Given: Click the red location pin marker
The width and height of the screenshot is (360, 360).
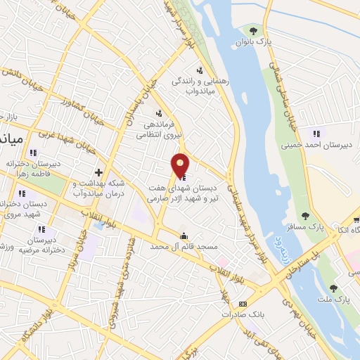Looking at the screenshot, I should click(x=181, y=165).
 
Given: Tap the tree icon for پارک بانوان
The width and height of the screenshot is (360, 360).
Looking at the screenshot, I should click(x=252, y=30).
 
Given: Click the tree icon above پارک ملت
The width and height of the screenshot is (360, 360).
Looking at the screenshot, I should click(x=333, y=288).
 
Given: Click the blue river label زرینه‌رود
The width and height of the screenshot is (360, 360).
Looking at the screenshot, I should click(x=300, y=250).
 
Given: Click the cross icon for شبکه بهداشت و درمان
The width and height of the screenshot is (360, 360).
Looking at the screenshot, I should click(x=98, y=172).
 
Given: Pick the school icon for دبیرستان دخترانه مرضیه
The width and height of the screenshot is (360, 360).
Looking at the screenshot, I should click(x=42, y=229).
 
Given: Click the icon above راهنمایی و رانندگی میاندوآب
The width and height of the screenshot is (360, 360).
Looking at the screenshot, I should click(x=200, y=70).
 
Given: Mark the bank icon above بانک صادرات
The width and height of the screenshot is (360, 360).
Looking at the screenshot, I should click(x=243, y=304).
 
